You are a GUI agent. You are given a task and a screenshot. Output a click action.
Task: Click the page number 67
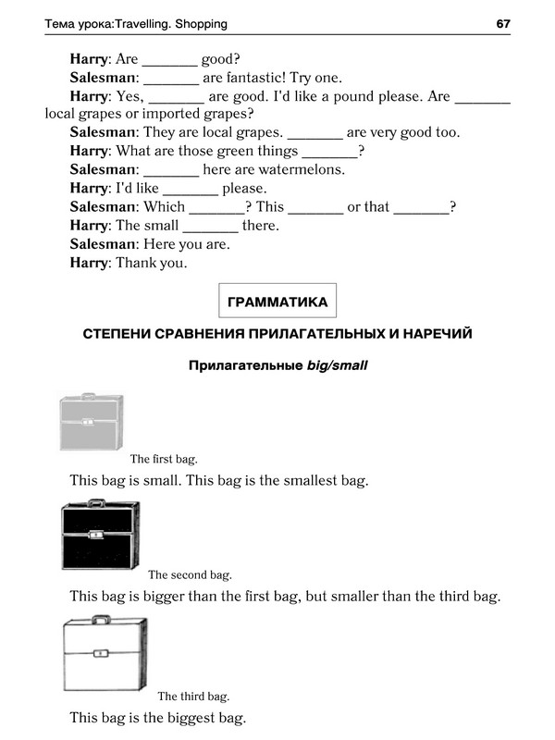click(x=503, y=23)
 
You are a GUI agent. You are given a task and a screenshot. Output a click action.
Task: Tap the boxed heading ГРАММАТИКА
click(x=277, y=302)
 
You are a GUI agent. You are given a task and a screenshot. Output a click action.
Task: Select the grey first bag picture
click(x=90, y=422)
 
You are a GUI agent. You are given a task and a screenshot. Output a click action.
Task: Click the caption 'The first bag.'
click(x=164, y=459)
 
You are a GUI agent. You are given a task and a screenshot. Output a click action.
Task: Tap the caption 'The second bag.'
click(x=190, y=574)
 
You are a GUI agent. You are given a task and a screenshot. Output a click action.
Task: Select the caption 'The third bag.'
click(x=193, y=697)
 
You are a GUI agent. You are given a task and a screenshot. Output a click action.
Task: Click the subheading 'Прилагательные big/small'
click(x=277, y=365)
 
